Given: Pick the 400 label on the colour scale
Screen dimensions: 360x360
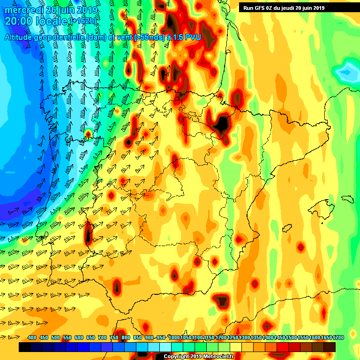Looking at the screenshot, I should (x=32, y=337).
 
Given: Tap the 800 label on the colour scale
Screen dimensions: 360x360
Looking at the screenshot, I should (x=126, y=337).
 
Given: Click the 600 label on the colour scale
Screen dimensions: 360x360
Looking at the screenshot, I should (x=79, y=337).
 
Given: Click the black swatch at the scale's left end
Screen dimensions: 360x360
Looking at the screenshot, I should (x=25, y=347).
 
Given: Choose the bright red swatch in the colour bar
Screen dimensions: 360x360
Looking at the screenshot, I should (x=283, y=347).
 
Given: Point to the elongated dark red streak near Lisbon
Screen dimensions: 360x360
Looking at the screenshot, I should (x=88, y=233).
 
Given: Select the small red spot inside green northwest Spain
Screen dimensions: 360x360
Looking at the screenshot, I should (x=88, y=134).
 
